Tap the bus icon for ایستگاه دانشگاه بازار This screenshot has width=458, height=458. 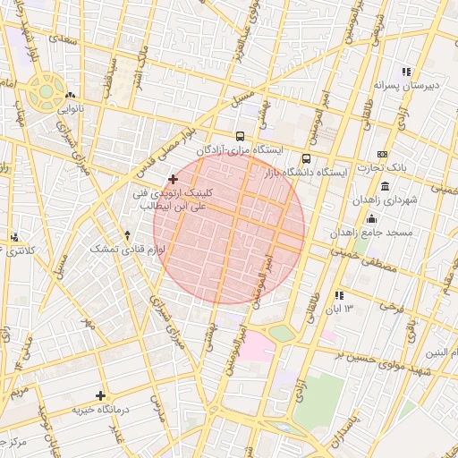(307, 158)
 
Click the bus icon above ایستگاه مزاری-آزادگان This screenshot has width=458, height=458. (240, 137)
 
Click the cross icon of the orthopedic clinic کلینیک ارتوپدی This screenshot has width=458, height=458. (173, 179)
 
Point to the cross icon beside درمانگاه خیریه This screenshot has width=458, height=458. (100, 395)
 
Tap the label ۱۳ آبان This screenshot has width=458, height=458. (343, 308)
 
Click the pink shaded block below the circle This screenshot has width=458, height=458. (258, 345)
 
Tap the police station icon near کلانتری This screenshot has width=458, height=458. (14, 237)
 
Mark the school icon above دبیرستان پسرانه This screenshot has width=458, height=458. (406, 72)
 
